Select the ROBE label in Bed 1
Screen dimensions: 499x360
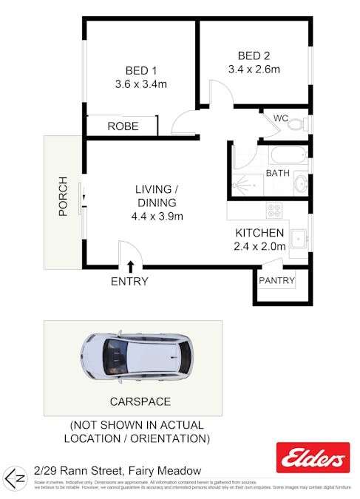click(123, 126)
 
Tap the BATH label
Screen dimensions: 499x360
click(277, 174)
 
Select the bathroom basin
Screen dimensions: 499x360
click(301, 182)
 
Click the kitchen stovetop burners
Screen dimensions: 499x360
click(274, 210)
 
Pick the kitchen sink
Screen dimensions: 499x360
click(299, 239)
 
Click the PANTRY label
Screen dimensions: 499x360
click(277, 281)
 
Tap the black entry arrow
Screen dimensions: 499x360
click(131, 266)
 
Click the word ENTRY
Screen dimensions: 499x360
click(129, 282)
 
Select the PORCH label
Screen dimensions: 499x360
click(64, 196)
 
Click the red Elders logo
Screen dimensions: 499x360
click(312, 458)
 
